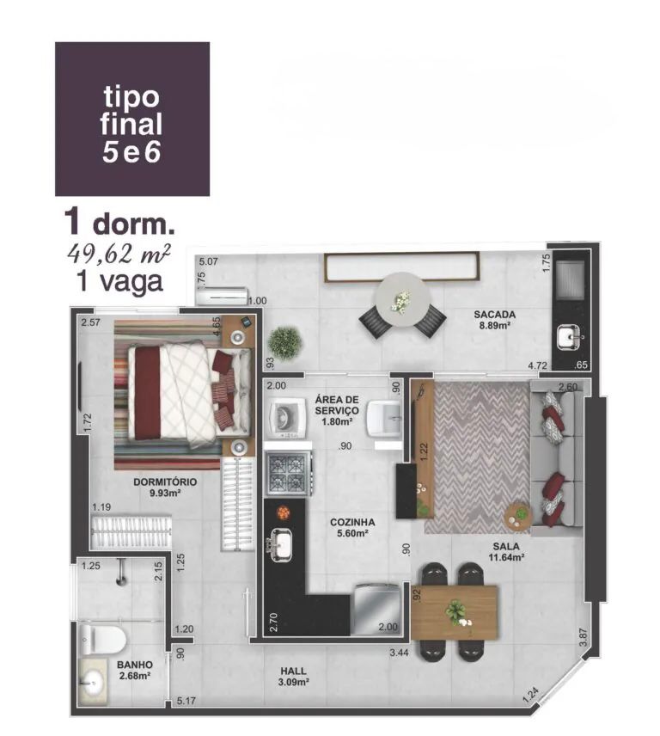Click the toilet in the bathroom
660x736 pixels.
102,639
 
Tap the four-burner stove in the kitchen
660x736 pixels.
288,473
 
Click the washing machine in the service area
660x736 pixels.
287,416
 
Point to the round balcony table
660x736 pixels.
402,300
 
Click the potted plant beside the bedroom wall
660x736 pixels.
284,344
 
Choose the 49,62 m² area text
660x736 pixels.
119,255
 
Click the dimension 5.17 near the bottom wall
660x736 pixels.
186,702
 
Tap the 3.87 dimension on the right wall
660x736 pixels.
583,637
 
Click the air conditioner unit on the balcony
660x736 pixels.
222,296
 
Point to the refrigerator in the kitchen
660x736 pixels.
376,609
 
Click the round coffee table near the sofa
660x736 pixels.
517,517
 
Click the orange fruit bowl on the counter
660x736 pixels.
284,512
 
